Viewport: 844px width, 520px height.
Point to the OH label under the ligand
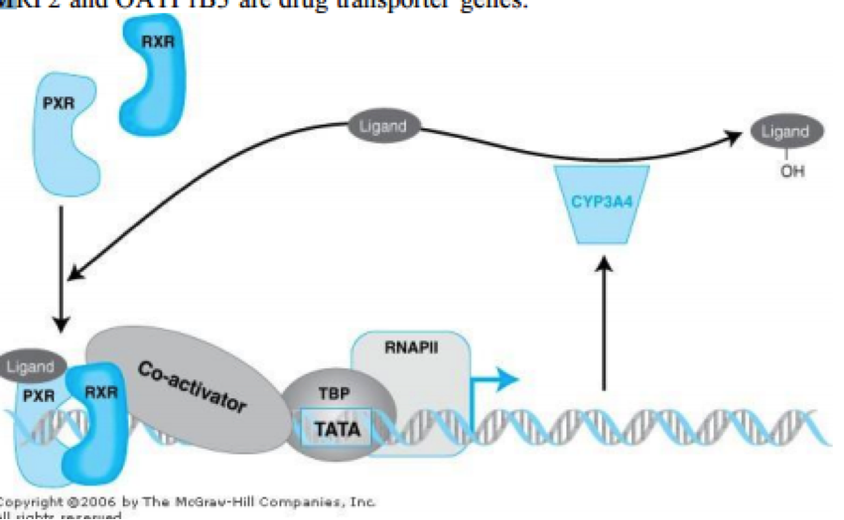pyautogui.click(x=785, y=171)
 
